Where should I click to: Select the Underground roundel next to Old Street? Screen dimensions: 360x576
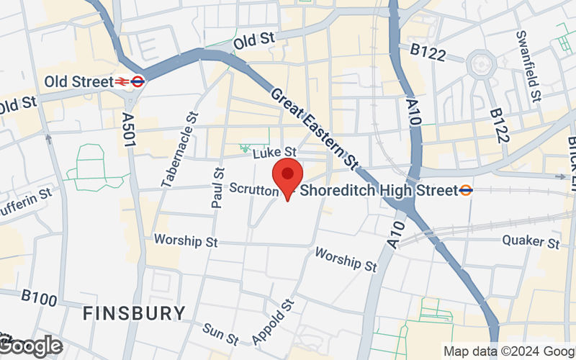tap(138, 81)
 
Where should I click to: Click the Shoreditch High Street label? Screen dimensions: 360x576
tap(379, 190)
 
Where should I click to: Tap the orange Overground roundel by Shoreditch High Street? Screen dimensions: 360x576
tap(467, 190)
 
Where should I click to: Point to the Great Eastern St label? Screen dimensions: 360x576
tap(315, 129)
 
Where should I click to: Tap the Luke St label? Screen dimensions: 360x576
tap(274, 152)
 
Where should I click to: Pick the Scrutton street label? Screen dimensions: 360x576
tap(253, 189)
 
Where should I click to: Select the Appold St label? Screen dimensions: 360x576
tap(273, 321)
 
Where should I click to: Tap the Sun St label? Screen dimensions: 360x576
tap(220, 333)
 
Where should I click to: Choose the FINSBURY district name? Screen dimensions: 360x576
tap(133, 313)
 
